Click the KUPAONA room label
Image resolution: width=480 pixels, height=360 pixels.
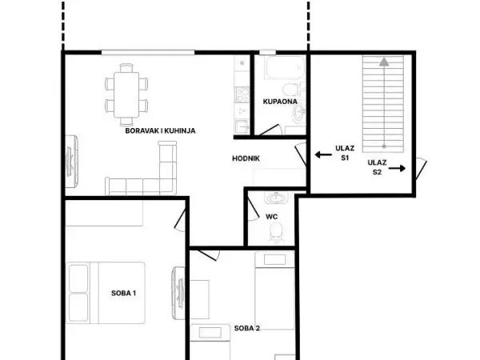(280, 102)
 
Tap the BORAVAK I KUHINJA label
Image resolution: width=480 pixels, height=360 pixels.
(161, 130)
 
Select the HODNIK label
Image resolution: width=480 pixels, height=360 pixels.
(246, 158)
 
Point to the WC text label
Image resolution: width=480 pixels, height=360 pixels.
(271, 217)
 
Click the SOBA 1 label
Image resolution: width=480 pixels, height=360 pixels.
(123, 293)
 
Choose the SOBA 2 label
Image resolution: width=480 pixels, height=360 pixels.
(246, 328)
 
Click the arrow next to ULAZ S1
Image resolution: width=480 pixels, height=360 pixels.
(323, 154)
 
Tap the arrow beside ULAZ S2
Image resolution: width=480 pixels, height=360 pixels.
(397, 168)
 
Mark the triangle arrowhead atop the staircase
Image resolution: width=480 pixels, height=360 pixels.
(384, 62)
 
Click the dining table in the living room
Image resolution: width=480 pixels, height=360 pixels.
(126, 95)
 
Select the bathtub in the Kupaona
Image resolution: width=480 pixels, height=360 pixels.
(285, 67)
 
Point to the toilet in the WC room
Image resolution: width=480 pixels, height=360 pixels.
(276, 232)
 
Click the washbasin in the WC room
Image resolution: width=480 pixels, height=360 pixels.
(277, 197)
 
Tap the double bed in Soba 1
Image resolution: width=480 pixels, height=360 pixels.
(106, 293)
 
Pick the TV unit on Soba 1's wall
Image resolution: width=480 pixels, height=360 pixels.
(178, 293)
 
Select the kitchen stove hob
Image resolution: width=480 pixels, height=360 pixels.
(242, 94)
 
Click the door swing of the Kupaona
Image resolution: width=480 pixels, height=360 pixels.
(270, 130)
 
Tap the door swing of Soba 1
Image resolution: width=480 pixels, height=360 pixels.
(180, 220)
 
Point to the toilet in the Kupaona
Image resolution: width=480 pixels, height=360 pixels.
(292, 89)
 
